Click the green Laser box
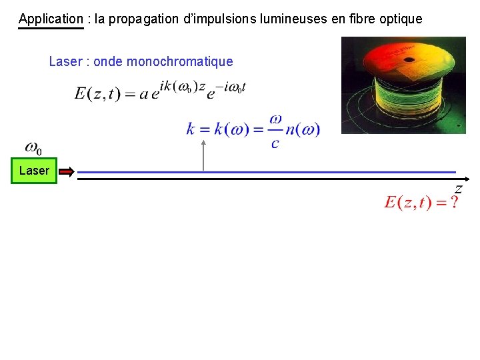click(34, 171)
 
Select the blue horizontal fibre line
click(267, 172)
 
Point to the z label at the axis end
click(458, 189)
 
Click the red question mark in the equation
click(454, 203)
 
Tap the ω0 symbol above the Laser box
click(33, 147)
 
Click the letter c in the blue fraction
click(275, 143)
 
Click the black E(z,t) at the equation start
click(97, 94)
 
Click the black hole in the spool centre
click(409, 59)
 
